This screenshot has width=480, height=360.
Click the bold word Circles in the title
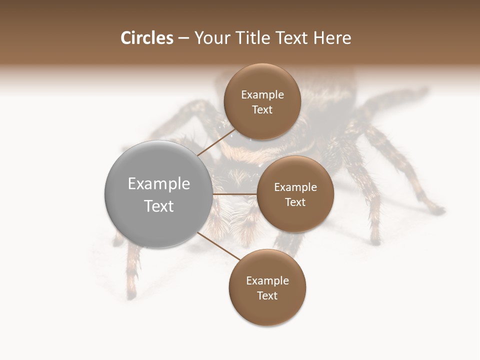pos(146,38)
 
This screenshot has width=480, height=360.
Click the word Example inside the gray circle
pos(159,184)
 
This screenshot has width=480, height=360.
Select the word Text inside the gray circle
pos(159,206)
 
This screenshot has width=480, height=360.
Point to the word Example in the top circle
pos(262,95)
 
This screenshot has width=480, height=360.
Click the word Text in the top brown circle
pos(262,110)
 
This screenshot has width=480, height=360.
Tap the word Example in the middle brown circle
pos(295,187)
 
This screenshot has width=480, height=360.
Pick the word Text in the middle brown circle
pos(295,202)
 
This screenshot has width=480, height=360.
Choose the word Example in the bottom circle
pos(267,281)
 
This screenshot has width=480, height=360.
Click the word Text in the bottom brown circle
pos(267,296)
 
